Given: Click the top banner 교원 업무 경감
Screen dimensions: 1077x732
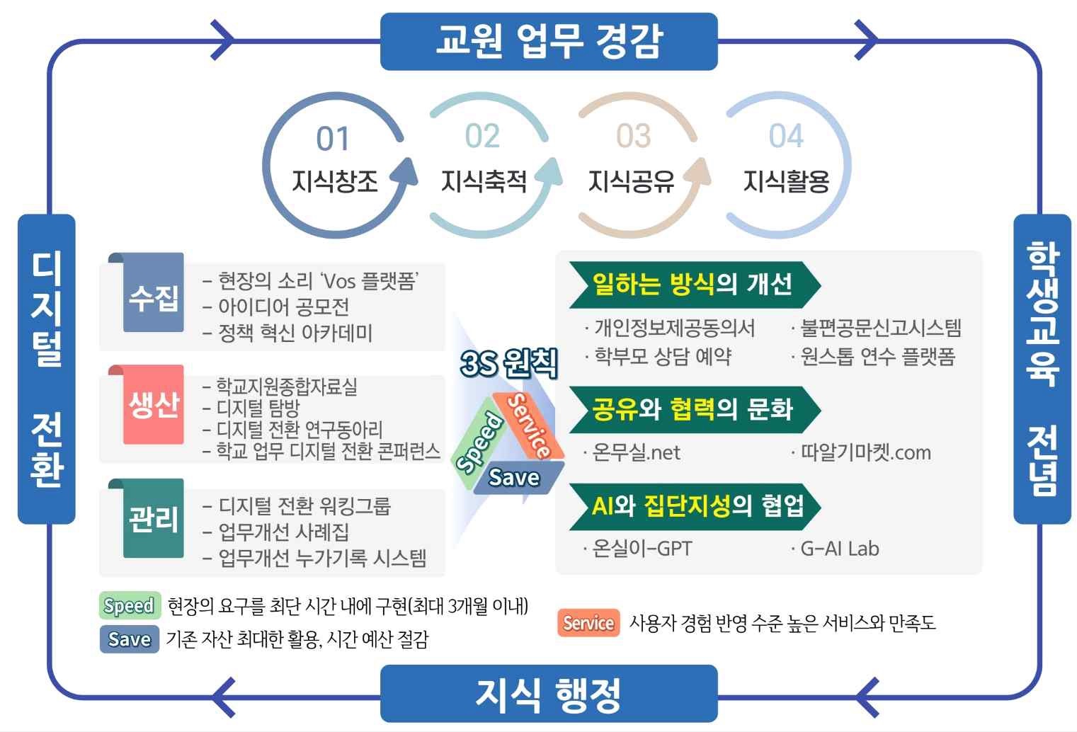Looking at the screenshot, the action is (x=549, y=41).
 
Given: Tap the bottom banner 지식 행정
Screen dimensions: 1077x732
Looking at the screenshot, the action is (x=549, y=694).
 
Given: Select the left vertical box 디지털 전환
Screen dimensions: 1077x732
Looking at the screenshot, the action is (x=47, y=369).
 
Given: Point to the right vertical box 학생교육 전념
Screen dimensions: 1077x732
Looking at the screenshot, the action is (x=1042, y=369).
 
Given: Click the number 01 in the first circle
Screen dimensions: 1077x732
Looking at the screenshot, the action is (x=333, y=139).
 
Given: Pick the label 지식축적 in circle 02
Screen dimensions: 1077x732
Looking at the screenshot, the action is (x=484, y=182).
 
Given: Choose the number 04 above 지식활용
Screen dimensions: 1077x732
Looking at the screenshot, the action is (x=786, y=135).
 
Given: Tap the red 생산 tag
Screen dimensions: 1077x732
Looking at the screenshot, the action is (x=153, y=404).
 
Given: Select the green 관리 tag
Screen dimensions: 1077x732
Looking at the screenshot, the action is (x=153, y=518).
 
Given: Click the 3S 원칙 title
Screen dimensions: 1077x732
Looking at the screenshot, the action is (x=508, y=363).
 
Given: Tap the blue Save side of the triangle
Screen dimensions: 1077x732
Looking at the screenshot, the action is (x=518, y=478).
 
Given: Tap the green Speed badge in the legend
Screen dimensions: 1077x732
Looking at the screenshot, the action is (x=130, y=605).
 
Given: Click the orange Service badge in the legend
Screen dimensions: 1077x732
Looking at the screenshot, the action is (x=588, y=623).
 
